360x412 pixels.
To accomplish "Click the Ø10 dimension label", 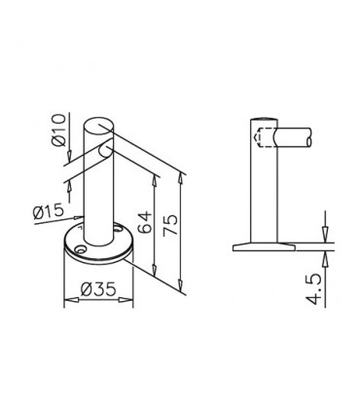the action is pyautogui.click(x=58, y=131).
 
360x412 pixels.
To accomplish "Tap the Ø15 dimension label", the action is pyautogui.click(x=49, y=211).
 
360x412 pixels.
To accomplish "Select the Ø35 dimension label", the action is pyautogui.click(x=98, y=288).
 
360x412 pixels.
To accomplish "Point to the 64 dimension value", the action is pyautogui.click(x=144, y=222).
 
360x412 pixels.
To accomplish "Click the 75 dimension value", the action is pyautogui.click(x=170, y=225).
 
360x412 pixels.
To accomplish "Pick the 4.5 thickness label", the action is pyautogui.click(x=313, y=289).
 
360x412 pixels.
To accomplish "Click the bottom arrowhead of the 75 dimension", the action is pyautogui.click(x=181, y=284).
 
